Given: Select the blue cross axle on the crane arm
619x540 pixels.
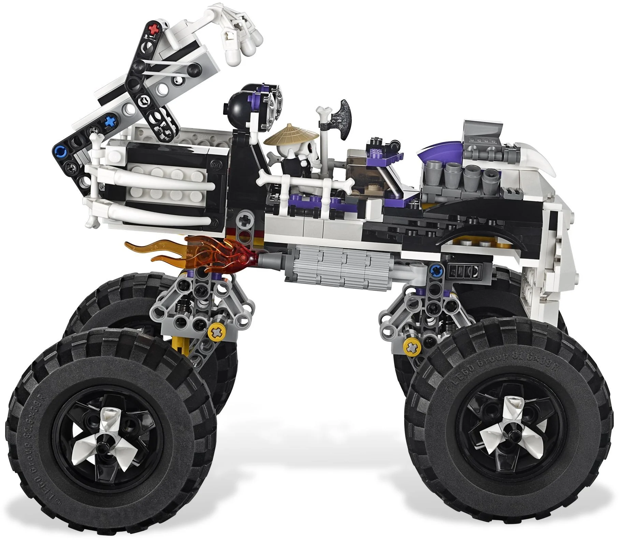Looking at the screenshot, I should coord(109,122).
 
